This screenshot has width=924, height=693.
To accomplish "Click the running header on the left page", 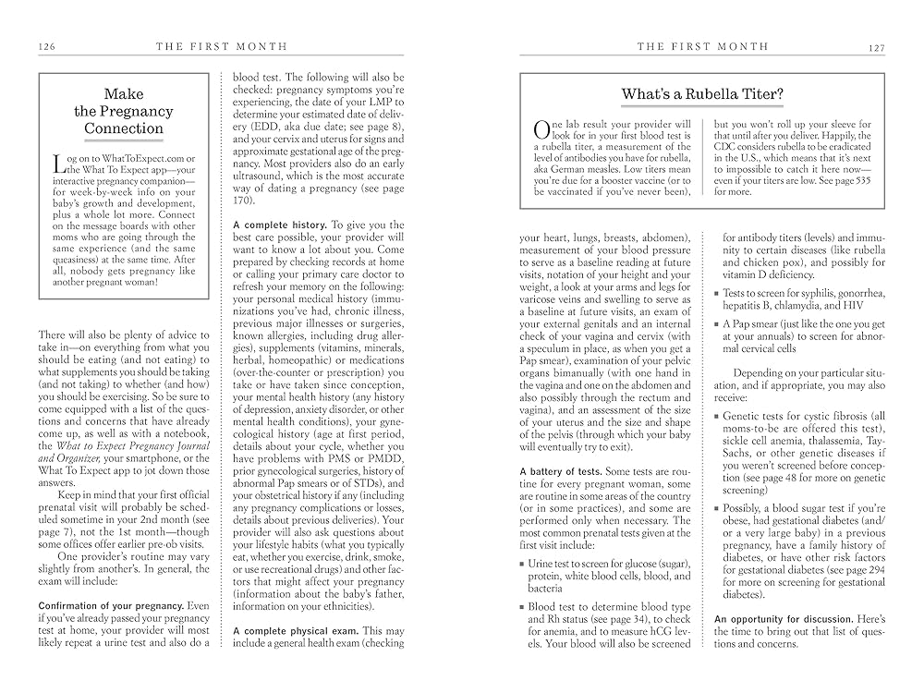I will [221, 46].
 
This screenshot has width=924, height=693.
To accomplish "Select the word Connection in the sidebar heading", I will [124, 128].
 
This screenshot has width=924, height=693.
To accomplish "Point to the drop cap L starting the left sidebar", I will [59, 163].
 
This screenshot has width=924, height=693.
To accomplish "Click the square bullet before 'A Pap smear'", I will [717, 324].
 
